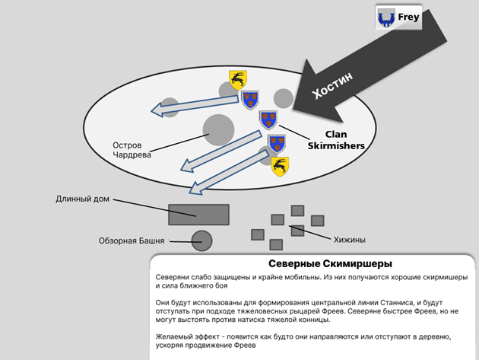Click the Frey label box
tap(398, 18)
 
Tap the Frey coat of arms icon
tap(386, 18)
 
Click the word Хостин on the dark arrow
tap(332, 85)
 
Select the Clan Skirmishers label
tap(336, 140)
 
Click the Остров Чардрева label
tap(132, 150)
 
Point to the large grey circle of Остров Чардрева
tap(218, 130)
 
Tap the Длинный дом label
tap(82, 199)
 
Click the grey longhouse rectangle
tap(198, 215)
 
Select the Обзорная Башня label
tap(132, 241)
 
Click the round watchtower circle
tap(201, 241)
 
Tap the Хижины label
tap(350, 240)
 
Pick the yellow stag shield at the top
tap(238, 80)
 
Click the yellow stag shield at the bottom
tap(280, 167)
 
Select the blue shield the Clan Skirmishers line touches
tap(268, 120)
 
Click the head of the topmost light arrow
tap(157, 110)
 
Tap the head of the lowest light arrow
tap(195, 187)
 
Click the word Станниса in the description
tap(397, 303)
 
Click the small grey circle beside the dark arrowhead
tap(283, 98)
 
